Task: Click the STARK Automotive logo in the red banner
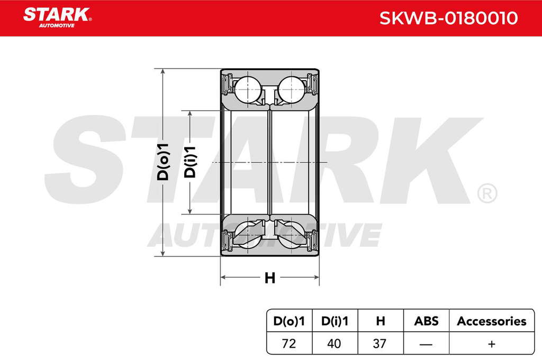57,17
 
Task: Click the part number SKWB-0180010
448,18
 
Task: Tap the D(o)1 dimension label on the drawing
163,162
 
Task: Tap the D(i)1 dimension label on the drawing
190,162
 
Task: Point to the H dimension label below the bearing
269,278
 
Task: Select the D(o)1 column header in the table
289,321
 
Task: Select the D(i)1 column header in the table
335,321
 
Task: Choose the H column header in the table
380,321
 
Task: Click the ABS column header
426,321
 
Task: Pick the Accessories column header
492,321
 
